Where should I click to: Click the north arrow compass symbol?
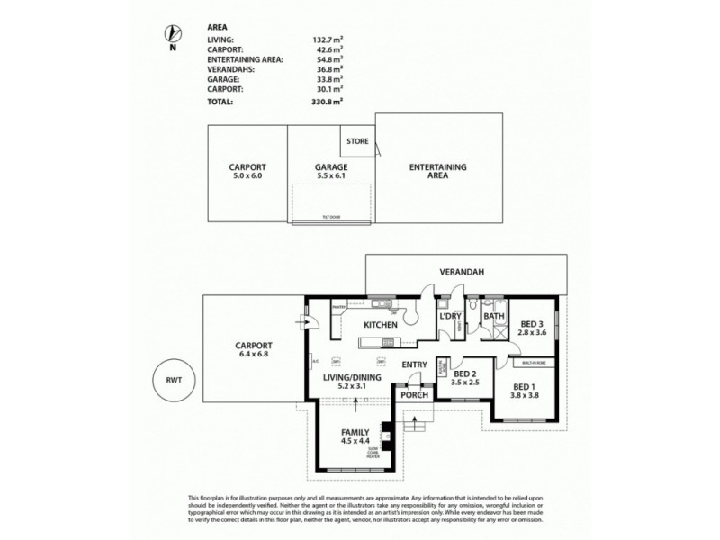tap(172, 34)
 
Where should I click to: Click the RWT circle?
tap(172, 378)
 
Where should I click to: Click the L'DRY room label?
tap(449, 317)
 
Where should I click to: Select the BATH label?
tap(494, 317)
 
